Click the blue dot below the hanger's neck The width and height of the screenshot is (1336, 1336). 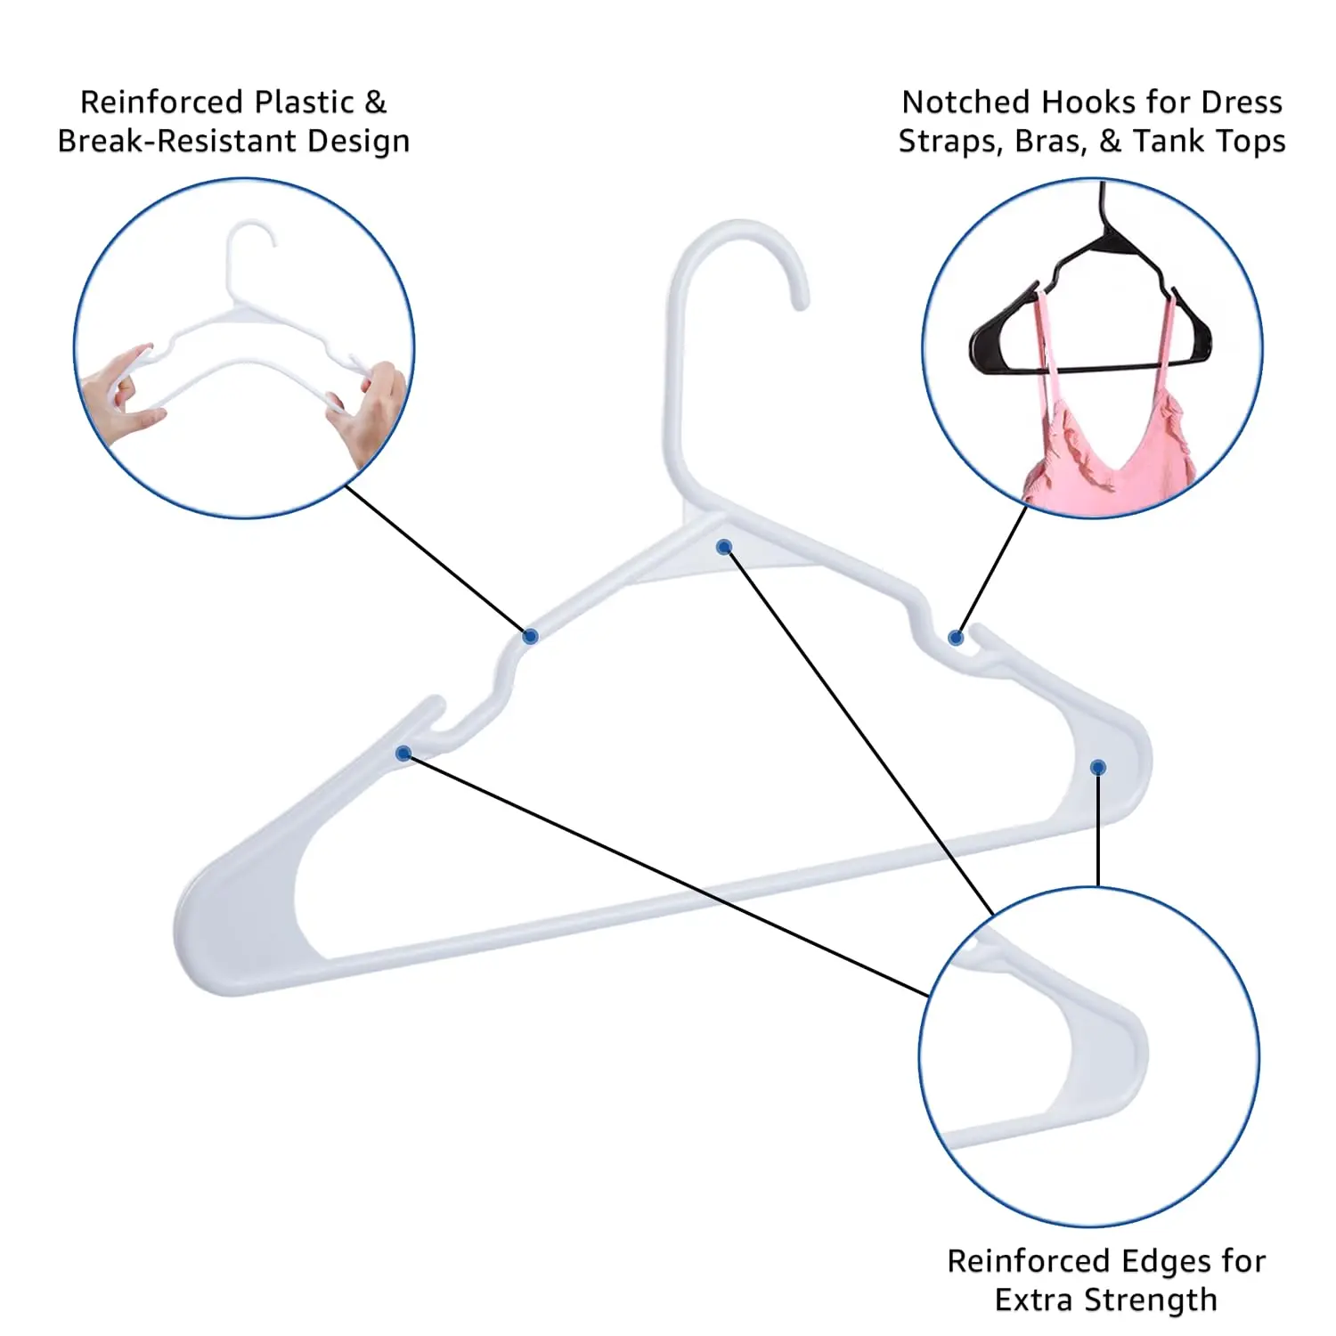pyautogui.click(x=724, y=547)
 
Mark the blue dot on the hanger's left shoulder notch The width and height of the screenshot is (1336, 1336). pyautogui.click(x=403, y=754)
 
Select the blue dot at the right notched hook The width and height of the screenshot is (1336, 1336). pyautogui.click(x=956, y=638)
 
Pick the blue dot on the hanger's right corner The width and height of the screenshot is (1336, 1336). pyautogui.click(x=1098, y=768)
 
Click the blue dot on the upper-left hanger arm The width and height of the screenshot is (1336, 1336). pyautogui.click(x=530, y=636)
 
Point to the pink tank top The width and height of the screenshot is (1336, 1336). pyautogui.click(x=1104, y=463)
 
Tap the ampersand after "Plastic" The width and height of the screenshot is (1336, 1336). pyautogui.click(x=376, y=102)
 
